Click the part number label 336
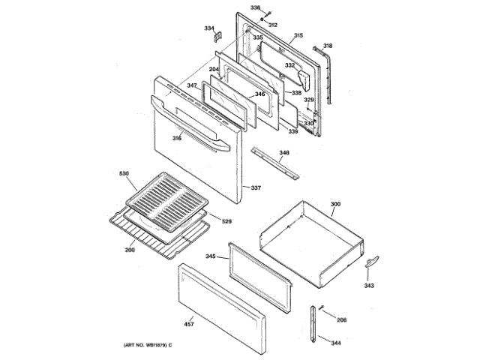click(255, 8)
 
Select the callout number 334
click(209, 28)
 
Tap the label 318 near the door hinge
click(327, 46)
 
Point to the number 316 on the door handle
click(177, 138)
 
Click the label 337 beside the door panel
click(256, 187)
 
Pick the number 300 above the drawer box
click(335, 204)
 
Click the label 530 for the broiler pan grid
click(124, 174)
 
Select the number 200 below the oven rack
click(130, 249)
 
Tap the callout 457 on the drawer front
click(188, 324)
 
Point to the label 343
click(370, 286)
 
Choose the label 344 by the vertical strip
click(335, 343)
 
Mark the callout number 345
click(211, 256)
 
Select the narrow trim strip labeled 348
click(278, 163)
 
